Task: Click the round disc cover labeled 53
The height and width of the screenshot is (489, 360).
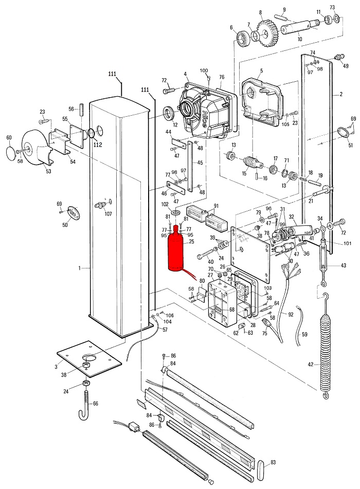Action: [37, 150]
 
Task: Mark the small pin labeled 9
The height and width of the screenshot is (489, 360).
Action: [284, 16]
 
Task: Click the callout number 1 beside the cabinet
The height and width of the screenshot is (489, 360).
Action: [80, 268]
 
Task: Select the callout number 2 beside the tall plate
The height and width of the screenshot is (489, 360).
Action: [340, 95]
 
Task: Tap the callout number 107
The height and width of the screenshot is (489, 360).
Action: [108, 214]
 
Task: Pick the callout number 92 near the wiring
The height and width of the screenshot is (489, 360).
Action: [291, 314]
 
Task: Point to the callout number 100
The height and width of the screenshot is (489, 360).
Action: [204, 70]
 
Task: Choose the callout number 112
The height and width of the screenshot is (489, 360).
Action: [98, 144]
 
